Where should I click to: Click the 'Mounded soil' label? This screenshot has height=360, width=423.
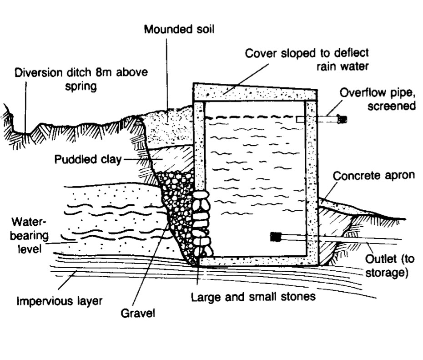(x=179, y=30)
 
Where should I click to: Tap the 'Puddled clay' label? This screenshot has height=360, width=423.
(x=88, y=159)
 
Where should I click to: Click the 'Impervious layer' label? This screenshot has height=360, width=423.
(x=59, y=301)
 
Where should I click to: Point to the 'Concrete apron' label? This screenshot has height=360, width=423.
(x=374, y=175)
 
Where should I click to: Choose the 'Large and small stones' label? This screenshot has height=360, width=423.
(x=253, y=297)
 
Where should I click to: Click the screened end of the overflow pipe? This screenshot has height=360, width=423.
(x=342, y=120)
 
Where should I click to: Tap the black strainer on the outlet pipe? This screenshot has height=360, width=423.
(x=276, y=236)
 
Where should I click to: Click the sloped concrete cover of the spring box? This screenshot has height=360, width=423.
(x=255, y=93)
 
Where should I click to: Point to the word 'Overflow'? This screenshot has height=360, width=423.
(x=360, y=93)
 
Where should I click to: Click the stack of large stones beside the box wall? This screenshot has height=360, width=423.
(x=201, y=223)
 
